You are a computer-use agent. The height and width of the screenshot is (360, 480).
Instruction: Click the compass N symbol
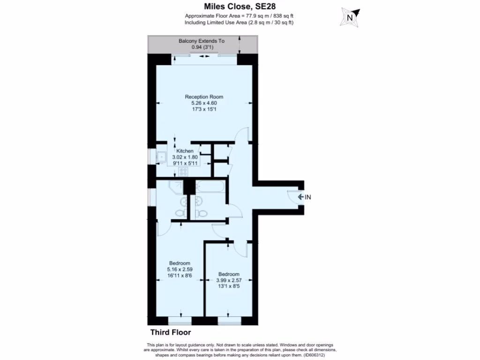349,18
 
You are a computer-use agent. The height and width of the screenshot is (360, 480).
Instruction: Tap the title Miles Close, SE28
239,7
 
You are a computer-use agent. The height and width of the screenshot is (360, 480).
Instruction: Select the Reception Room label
201,97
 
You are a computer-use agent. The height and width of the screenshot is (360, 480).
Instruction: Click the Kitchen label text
185,151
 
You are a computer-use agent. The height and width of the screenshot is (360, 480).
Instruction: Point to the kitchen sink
161,157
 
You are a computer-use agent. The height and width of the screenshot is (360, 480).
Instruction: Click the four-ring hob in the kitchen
183,171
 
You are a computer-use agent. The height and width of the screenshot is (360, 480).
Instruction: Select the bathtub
211,188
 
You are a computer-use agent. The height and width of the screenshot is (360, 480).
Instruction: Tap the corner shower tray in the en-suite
177,187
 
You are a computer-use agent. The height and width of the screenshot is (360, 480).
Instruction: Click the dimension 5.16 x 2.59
179,270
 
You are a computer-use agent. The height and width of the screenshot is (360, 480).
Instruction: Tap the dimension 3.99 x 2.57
229,280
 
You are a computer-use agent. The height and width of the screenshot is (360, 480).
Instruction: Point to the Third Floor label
171,332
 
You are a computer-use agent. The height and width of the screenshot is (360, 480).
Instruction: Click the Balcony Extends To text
202,41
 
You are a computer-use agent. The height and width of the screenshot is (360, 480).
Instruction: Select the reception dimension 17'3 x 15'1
201,109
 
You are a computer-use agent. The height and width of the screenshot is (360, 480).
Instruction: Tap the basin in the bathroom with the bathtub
199,202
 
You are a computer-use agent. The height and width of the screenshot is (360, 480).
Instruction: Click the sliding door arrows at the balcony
204,56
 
